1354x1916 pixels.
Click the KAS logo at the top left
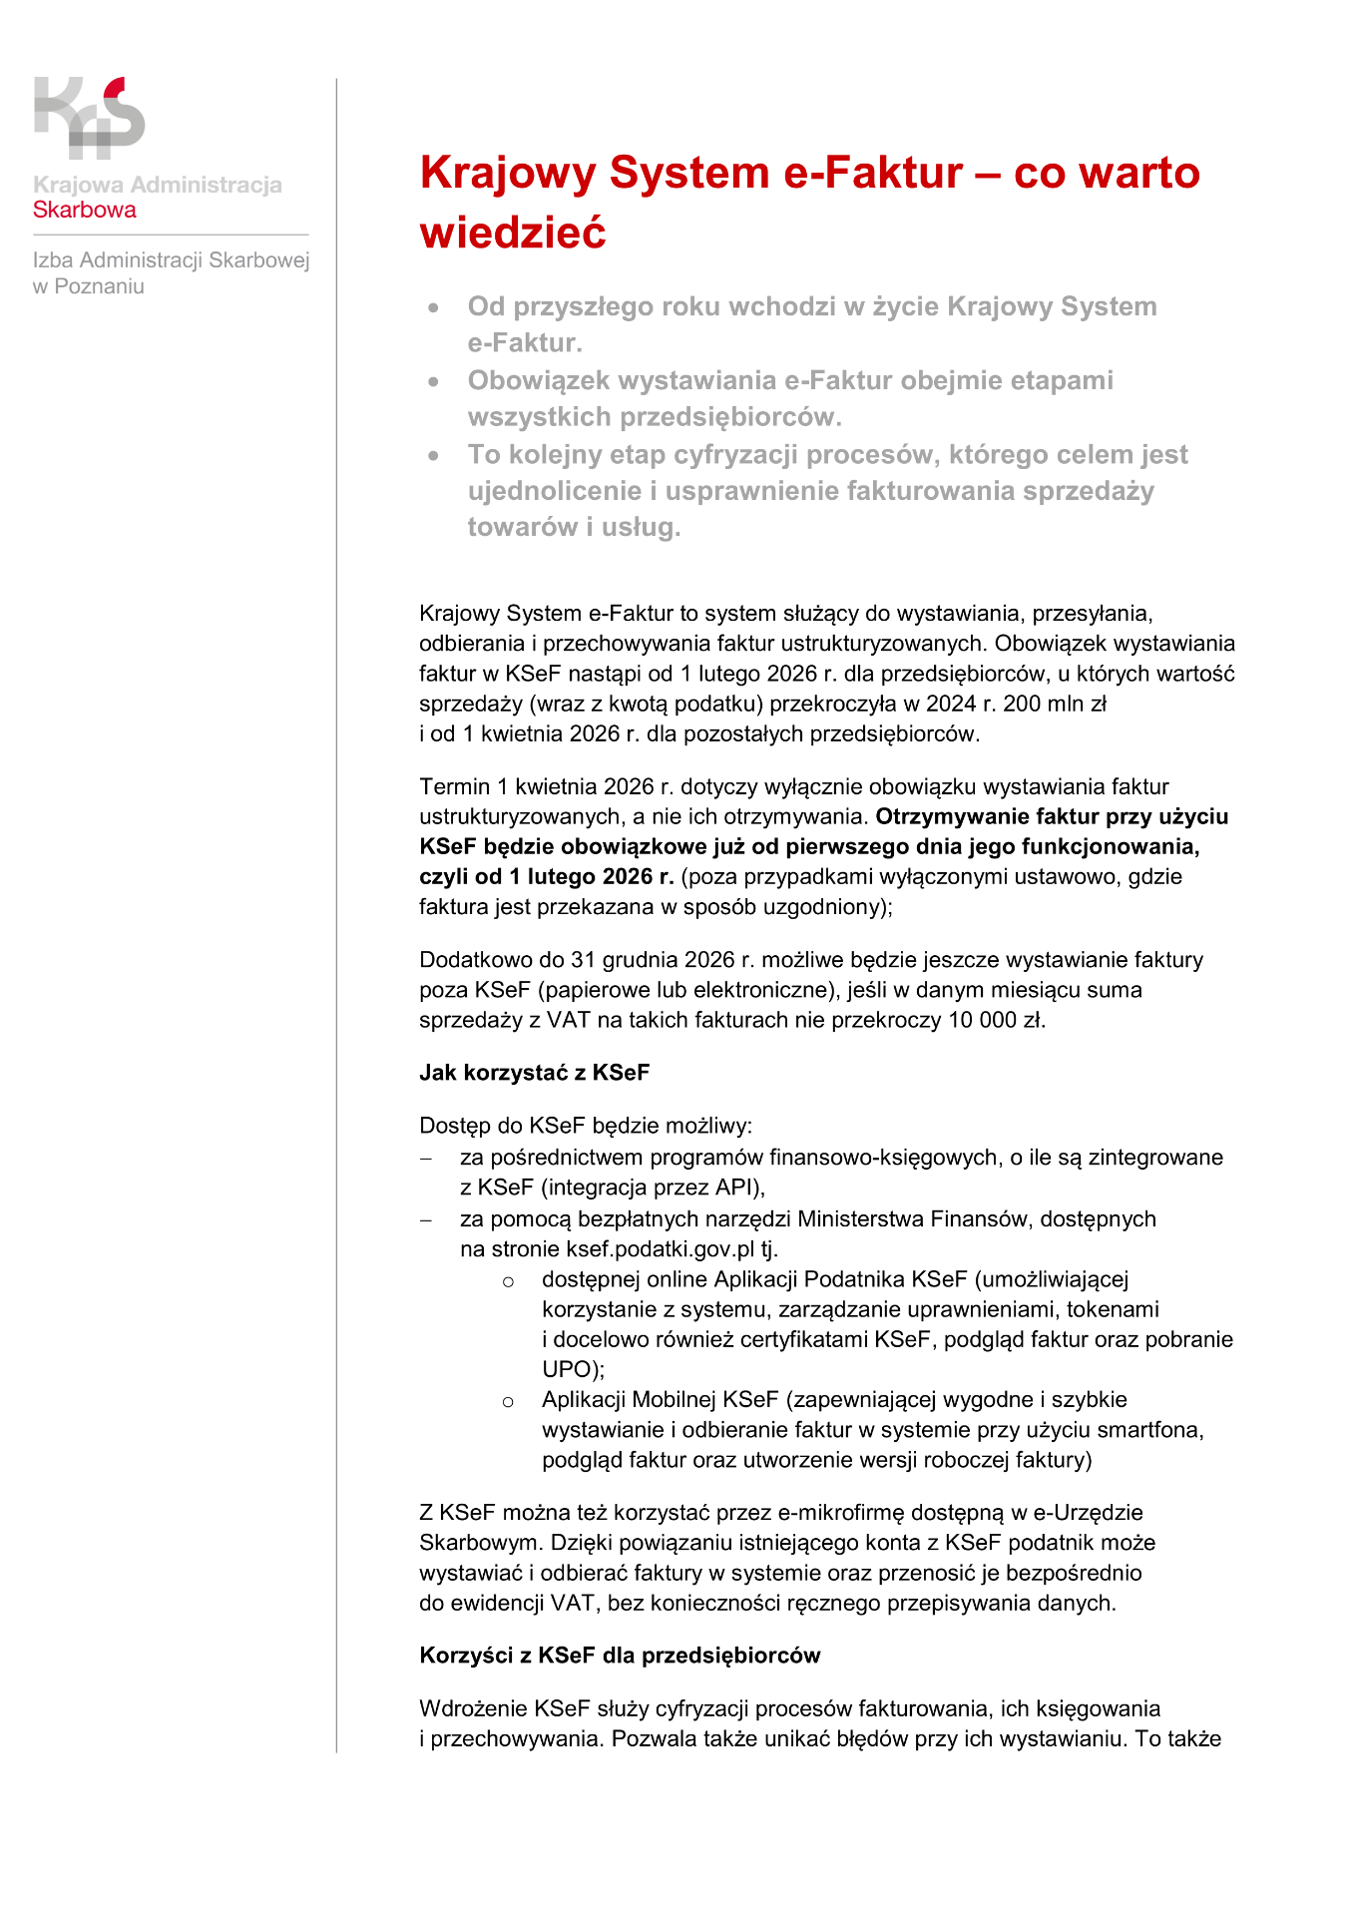coord(89,118)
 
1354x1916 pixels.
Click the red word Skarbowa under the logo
coord(85,211)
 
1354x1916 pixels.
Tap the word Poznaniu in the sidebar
coord(99,287)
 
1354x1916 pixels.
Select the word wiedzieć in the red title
coord(513,234)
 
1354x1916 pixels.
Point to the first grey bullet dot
coord(433,308)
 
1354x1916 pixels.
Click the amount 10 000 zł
coord(994,1020)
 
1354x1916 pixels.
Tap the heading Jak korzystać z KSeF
coord(534,1073)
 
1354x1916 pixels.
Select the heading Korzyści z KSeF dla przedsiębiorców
coord(620,1656)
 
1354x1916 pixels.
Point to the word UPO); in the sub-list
coord(573,1369)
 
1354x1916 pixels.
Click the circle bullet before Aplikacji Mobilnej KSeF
coord(508,1402)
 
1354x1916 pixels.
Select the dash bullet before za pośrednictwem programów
coord(426,1159)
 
